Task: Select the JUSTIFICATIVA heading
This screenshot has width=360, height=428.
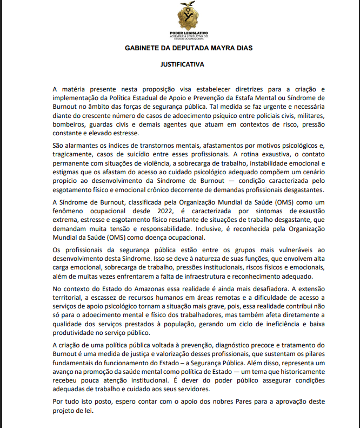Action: tap(182, 64)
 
